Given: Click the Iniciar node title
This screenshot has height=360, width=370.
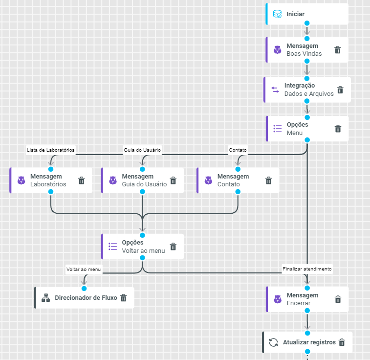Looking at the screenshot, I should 296,15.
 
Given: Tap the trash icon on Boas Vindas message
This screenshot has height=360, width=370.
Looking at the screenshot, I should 338,50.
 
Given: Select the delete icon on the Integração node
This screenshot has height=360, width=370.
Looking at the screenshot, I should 340,90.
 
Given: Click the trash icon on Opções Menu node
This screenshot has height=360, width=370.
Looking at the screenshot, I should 338,129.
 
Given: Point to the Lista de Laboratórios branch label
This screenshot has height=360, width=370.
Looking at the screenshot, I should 51,150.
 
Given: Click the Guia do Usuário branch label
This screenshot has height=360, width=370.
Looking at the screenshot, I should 142,150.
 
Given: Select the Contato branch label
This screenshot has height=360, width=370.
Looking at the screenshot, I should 238,150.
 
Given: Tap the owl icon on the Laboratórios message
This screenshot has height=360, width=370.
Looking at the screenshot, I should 22,180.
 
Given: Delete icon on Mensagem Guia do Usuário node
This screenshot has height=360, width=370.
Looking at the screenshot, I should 173,180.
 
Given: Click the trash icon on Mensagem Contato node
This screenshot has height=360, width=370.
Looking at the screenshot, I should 268,180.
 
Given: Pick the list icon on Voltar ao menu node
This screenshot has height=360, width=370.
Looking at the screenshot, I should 113,247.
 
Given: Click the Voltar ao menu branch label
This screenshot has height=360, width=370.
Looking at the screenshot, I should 84,269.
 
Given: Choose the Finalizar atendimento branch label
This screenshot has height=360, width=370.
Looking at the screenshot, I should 307,269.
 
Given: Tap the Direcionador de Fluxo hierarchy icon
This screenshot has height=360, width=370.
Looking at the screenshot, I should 46,297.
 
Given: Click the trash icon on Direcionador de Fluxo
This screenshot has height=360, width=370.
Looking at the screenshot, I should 124,297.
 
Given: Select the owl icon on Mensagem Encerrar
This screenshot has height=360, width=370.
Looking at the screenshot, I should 278,299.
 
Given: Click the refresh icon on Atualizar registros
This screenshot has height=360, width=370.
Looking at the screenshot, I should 274,342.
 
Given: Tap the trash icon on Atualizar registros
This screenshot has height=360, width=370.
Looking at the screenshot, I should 342,342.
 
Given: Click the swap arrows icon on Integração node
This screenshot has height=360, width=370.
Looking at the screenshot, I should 275,90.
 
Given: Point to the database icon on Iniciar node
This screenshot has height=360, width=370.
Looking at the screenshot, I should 277,15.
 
